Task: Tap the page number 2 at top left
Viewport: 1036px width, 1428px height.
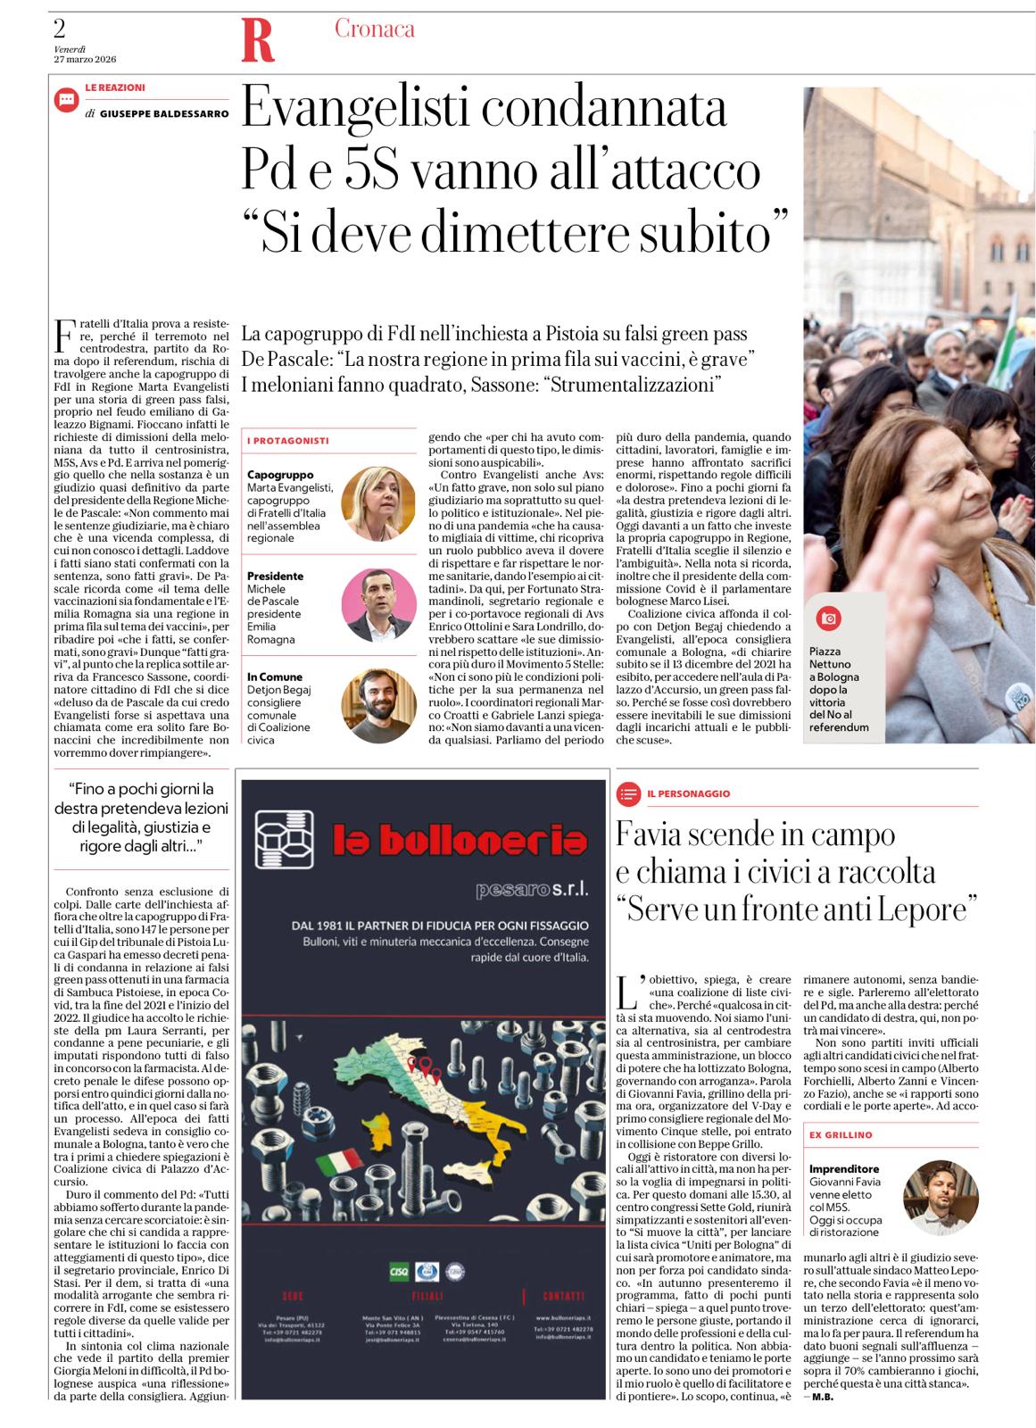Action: [x=61, y=25]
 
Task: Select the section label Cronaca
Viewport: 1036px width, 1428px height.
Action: [x=374, y=29]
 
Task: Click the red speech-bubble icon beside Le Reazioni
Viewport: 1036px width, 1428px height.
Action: [x=66, y=100]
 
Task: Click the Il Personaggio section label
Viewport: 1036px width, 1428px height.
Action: [x=689, y=793]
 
